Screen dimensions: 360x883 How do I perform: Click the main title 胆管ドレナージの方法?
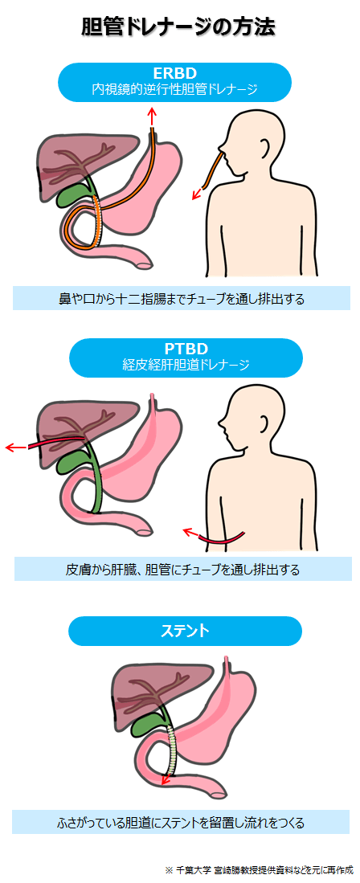point(178,27)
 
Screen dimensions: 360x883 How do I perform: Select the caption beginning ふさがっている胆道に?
point(181,823)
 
